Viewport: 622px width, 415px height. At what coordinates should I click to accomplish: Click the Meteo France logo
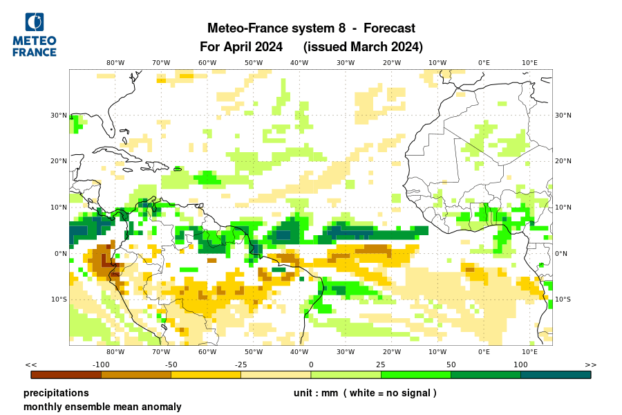(35, 34)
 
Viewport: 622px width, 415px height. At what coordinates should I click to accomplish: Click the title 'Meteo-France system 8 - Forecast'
(311, 28)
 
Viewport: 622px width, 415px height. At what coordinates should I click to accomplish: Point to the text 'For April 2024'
(241, 47)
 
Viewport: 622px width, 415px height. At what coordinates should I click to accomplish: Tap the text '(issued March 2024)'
(363, 47)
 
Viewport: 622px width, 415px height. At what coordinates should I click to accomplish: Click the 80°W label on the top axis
(115, 63)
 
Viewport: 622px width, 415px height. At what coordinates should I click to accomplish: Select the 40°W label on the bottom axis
(299, 352)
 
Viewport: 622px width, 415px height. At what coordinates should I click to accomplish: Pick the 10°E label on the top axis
(529, 63)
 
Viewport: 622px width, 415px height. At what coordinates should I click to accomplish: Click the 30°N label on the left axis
(59, 116)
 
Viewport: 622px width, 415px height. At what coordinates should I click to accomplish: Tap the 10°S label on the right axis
(563, 299)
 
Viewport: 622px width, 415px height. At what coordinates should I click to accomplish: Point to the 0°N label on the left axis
(60, 254)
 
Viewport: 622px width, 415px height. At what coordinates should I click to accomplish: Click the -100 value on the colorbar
(102, 365)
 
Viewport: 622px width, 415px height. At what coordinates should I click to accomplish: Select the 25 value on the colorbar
(381, 365)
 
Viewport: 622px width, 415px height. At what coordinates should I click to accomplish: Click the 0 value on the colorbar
(311, 365)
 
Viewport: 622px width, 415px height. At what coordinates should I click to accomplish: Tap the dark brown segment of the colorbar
(66, 375)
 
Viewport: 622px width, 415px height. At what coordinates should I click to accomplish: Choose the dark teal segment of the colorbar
(556, 375)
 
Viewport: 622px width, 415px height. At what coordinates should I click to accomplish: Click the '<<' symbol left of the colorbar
(30, 365)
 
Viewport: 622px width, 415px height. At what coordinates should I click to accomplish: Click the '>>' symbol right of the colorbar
(591, 365)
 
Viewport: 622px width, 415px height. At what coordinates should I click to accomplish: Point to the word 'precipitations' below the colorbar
(56, 393)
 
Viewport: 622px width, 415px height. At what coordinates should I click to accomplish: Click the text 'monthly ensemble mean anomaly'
(102, 407)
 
